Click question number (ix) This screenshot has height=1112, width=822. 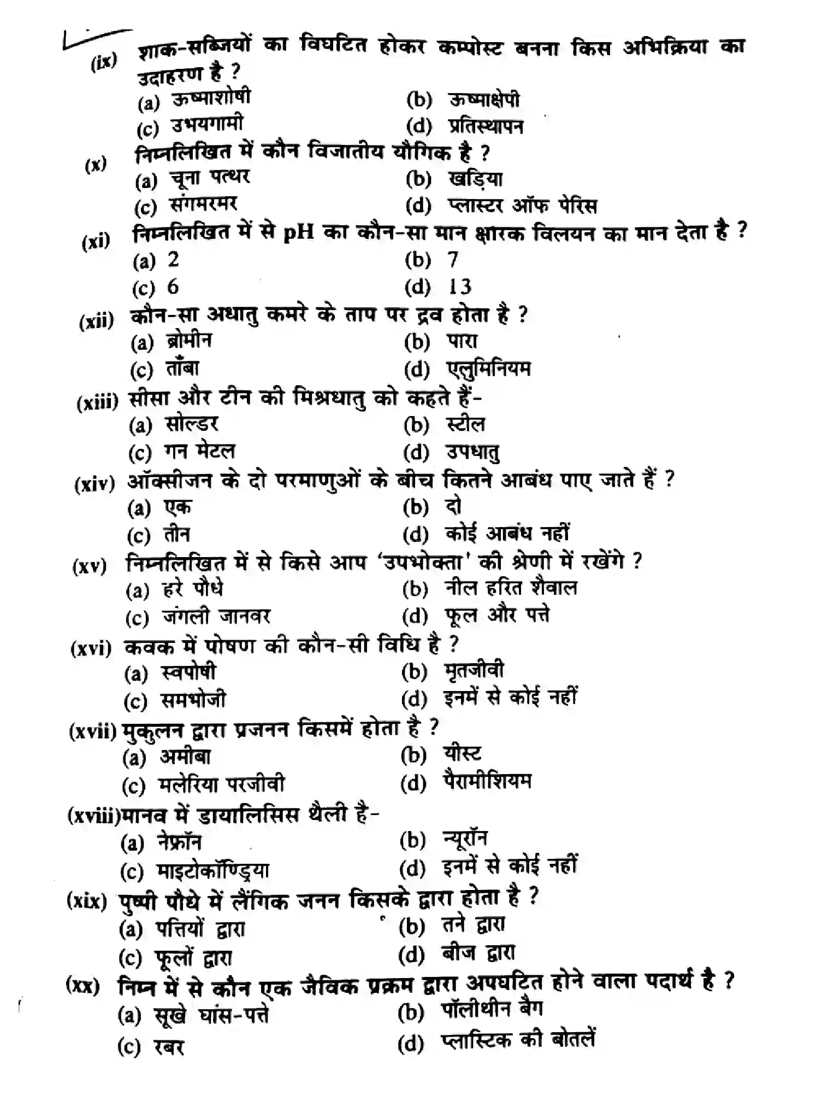pos(104,62)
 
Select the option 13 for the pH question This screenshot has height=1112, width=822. pos(459,286)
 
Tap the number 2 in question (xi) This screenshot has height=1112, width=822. pos(173,259)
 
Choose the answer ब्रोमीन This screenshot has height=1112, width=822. pos(189,341)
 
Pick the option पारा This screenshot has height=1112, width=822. pos(462,341)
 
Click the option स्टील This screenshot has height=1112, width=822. pos(465,424)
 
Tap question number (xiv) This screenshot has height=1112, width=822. pos(94,483)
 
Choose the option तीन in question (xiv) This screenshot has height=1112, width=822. pos(176,534)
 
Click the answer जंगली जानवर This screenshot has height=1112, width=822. pos(216,617)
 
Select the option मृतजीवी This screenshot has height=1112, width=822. pos(474,671)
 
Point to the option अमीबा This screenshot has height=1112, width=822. pos(185,757)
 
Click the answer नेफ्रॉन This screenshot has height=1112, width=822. pos(179,842)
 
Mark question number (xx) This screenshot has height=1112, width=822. pos(83,985)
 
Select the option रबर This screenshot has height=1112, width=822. pos(169,1047)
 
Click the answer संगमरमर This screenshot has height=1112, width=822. pos(203,205)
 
